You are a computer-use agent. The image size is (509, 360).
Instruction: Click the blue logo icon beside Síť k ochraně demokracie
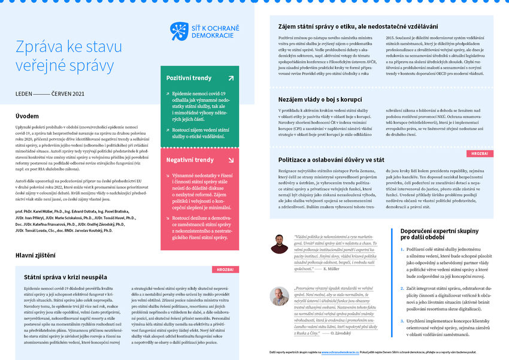pos(179,31)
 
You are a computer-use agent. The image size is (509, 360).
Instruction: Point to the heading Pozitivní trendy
pos(189,78)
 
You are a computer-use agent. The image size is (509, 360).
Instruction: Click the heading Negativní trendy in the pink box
pos(190,160)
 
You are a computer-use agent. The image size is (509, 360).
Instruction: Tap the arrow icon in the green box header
pos(231,78)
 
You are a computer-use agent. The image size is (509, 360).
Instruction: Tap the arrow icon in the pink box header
pos(231,160)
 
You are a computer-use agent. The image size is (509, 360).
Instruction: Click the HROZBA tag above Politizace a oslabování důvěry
pos(480,153)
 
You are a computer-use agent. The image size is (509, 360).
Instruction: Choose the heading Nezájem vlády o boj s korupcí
pos(331,99)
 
